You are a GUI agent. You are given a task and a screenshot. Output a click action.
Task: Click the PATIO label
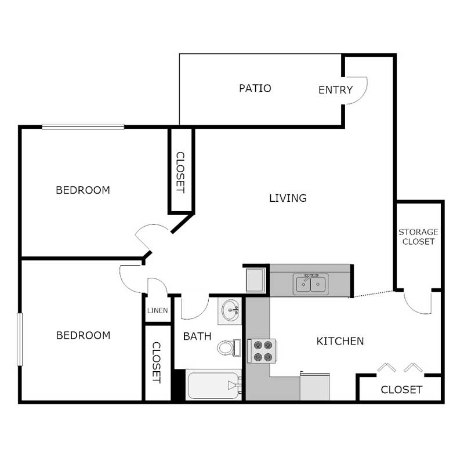pyautogui.click(x=255, y=89)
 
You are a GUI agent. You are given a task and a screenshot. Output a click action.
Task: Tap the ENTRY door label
pyautogui.click(x=335, y=90)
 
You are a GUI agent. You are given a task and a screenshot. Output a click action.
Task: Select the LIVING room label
pyautogui.click(x=288, y=198)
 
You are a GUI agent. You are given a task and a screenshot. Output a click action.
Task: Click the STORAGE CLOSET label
pyautogui.click(x=418, y=237)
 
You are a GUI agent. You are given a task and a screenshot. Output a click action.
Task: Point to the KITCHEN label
pyautogui.click(x=340, y=341)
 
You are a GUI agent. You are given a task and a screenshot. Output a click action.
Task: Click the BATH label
pyautogui.click(x=197, y=336)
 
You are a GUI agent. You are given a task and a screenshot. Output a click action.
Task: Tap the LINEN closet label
pyautogui.click(x=157, y=311)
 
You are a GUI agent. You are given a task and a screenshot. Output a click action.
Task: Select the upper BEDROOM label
pyautogui.click(x=83, y=190)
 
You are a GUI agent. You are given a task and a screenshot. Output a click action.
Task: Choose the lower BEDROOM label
pyautogui.click(x=83, y=335)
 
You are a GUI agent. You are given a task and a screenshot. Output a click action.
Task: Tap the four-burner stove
pyautogui.click(x=261, y=351)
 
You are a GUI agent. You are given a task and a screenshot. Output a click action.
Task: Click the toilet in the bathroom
pyautogui.click(x=227, y=348)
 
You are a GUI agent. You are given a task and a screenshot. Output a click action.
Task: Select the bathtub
pyautogui.click(x=213, y=385)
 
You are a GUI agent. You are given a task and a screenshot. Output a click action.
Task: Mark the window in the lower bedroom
pyautogui.click(x=20, y=339)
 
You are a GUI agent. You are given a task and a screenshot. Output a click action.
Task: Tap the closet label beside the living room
pyautogui.click(x=180, y=172)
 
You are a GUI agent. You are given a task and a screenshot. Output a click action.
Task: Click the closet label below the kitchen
pyautogui.click(x=401, y=390)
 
